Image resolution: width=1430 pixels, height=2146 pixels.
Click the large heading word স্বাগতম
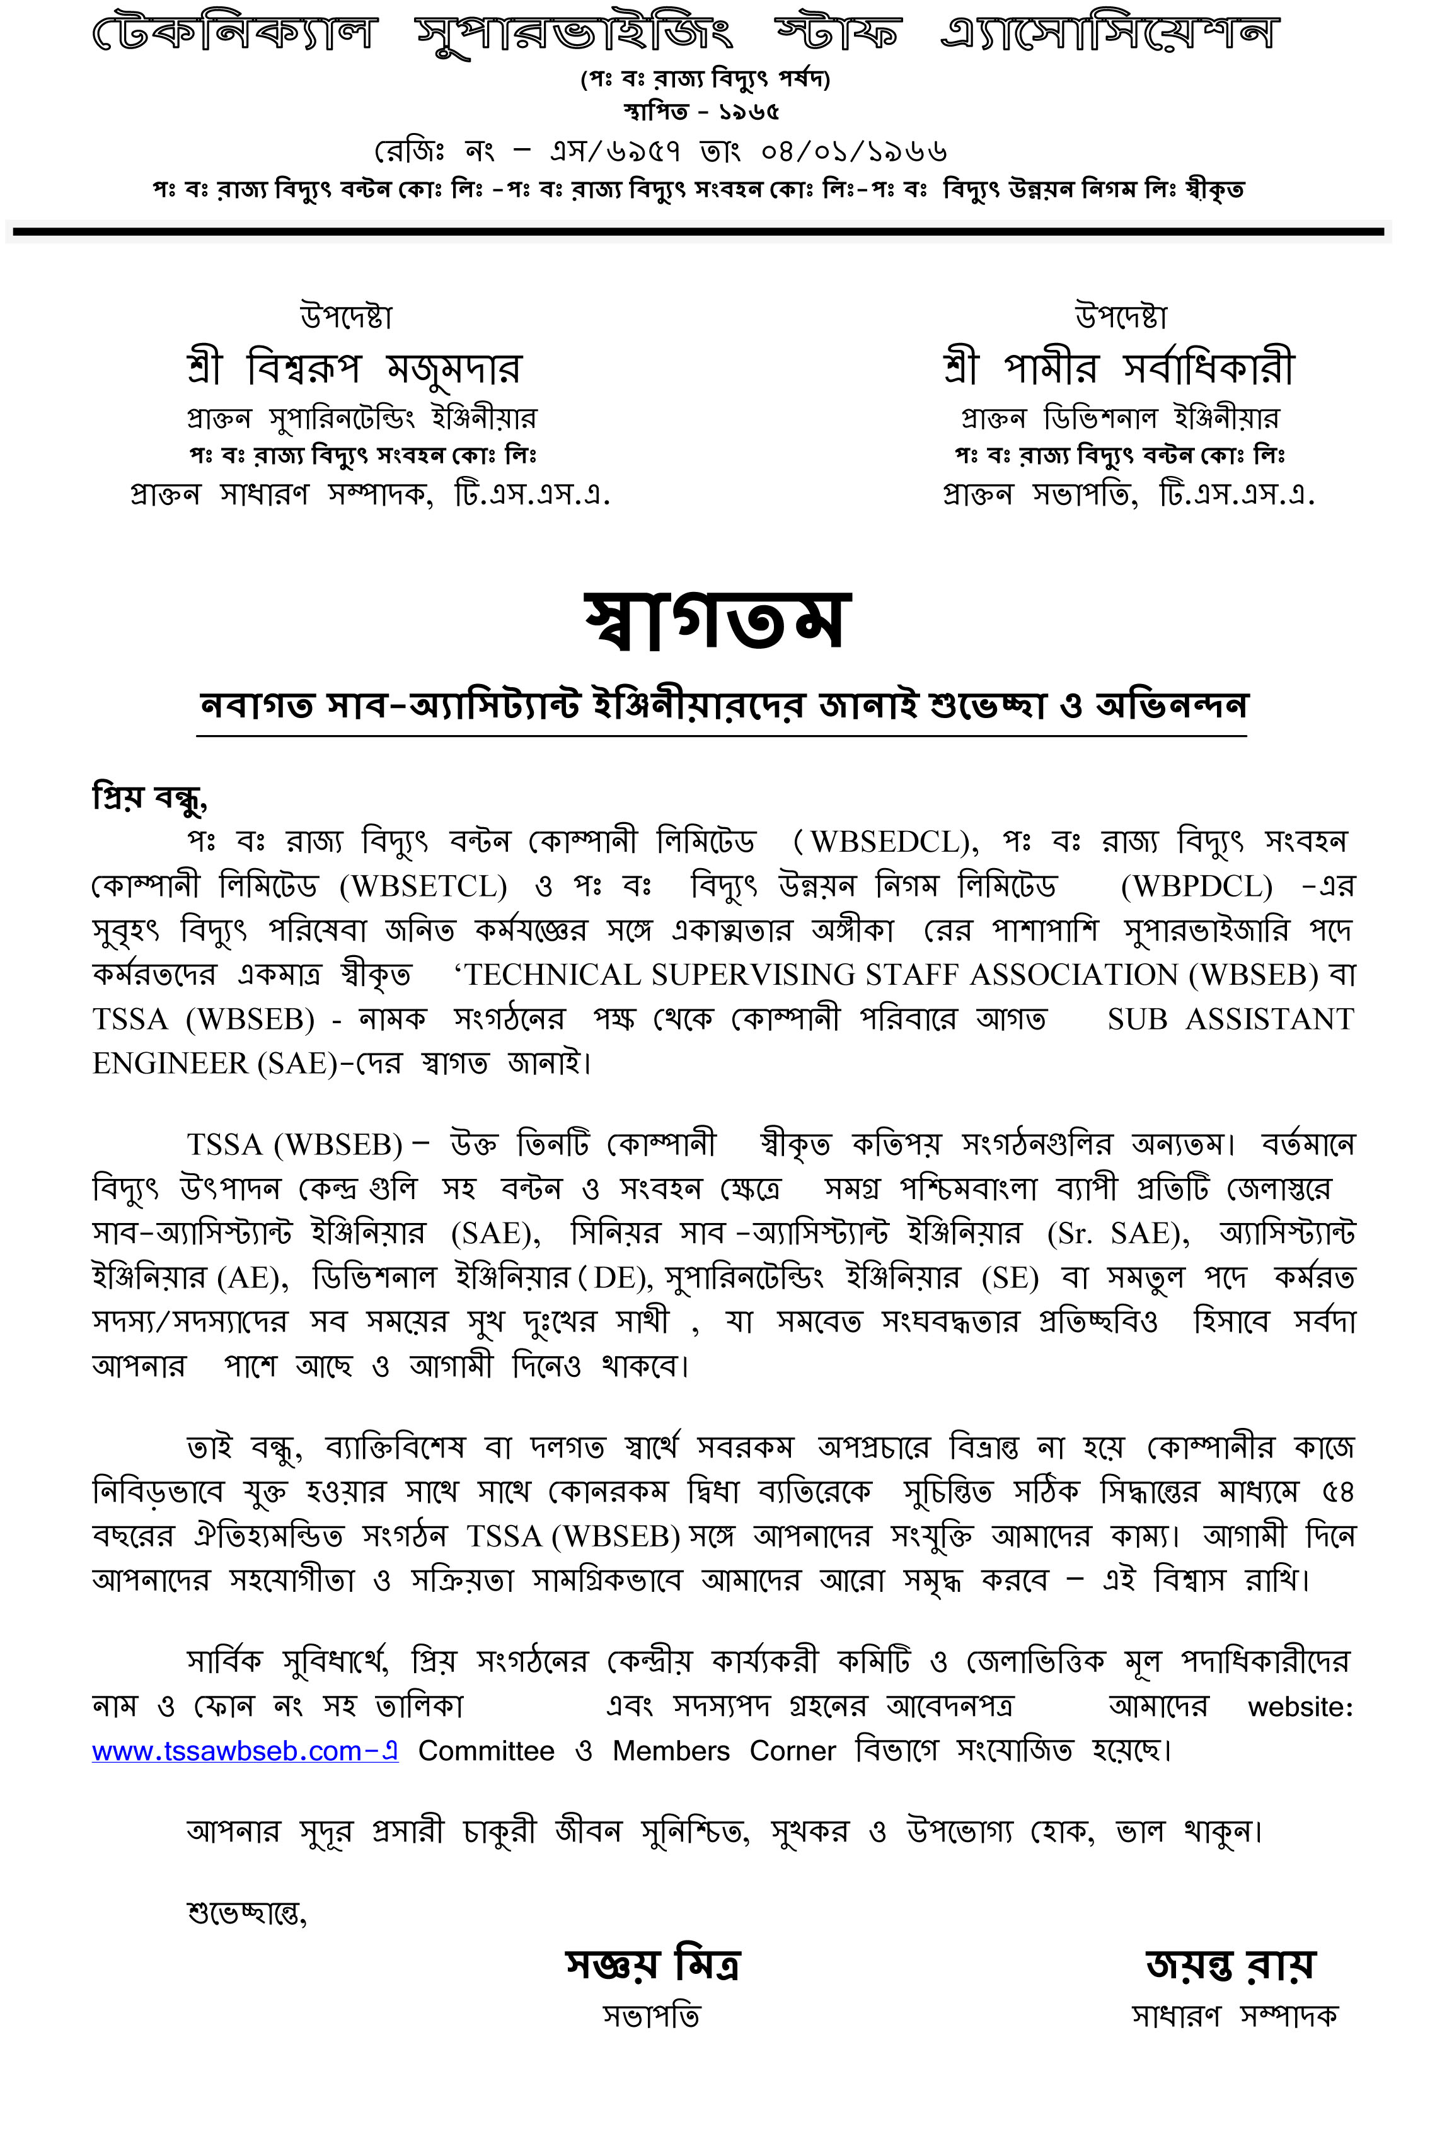click(718, 622)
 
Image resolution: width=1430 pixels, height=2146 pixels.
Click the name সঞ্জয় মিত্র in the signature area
click(652, 1964)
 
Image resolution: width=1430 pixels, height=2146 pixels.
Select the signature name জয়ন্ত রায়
click(1230, 1964)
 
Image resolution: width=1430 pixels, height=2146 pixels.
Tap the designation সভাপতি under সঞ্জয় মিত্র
click(651, 2015)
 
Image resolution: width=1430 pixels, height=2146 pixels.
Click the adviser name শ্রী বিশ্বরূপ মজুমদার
click(354, 368)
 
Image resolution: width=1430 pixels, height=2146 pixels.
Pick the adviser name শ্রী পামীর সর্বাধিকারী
click(1119, 368)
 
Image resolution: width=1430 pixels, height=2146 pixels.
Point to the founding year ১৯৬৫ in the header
click(749, 112)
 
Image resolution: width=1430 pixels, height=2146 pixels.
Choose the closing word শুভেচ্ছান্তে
click(246, 1913)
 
